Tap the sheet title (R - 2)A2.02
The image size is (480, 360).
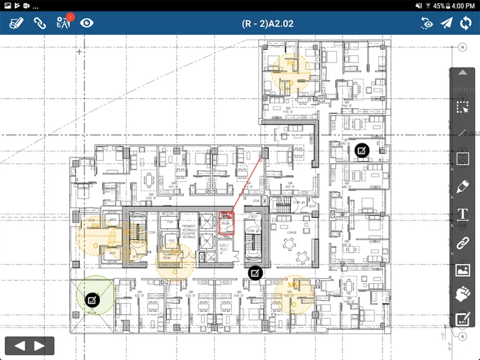(x=267, y=24)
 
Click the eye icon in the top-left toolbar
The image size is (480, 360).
(x=87, y=24)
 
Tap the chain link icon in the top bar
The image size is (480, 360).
(x=40, y=24)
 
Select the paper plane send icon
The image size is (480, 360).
(x=446, y=24)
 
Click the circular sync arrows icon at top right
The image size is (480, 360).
(x=466, y=24)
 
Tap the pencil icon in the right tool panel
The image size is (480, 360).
(x=462, y=186)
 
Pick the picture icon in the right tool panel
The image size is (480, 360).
(x=462, y=270)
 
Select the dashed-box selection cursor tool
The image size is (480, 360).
(x=462, y=106)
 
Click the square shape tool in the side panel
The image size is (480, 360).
(x=462, y=159)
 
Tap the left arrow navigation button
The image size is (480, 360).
(x=19, y=346)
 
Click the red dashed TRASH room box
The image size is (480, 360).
(x=226, y=223)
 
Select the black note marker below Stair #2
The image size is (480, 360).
(x=255, y=272)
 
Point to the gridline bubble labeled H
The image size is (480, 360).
(x=462, y=47)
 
